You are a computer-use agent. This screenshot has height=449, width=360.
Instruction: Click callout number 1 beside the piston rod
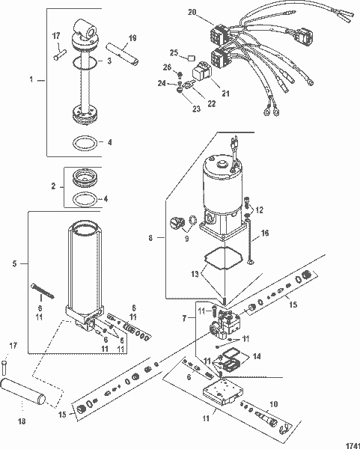pyautogui.click(x=30, y=79)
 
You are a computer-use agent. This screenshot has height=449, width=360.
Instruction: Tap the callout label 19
pyautogui.click(x=132, y=39)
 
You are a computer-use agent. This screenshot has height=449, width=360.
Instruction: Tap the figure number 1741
pyautogui.click(x=344, y=443)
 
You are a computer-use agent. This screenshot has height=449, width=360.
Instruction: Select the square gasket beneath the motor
pyautogui.click(x=222, y=259)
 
